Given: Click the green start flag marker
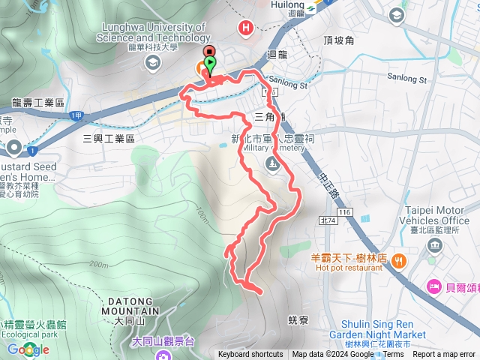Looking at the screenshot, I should click(211, 64).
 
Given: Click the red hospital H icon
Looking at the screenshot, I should click(244, 29).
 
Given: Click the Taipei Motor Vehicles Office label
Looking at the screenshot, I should click(437, 216).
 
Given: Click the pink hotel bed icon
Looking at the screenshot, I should click(433, 286).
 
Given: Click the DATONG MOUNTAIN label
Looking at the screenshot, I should click(129, 306).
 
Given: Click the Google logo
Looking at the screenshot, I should click(24, 349).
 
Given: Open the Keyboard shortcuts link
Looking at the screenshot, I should click(250, 355).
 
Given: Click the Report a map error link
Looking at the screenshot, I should click(445, 355).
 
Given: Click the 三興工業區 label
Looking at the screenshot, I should click(108, 139).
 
